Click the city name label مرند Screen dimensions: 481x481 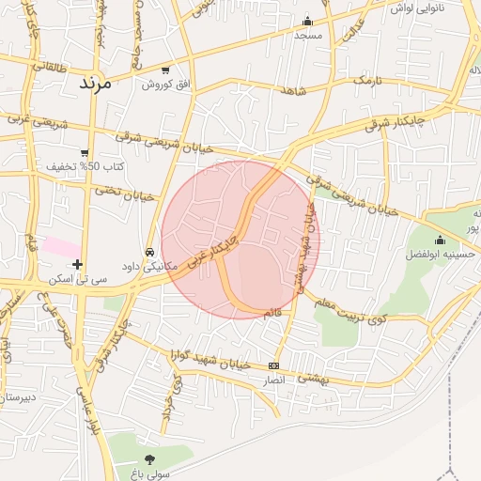pos(94,82)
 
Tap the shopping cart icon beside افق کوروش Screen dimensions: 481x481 pos(166,70)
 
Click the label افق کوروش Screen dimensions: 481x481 pos(166,85)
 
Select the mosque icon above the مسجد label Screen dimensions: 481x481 pos(307,22)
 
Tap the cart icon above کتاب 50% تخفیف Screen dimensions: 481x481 pos(85,153)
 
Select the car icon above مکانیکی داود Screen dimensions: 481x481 pos(150,253)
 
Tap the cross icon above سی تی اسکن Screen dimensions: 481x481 pos(78,265)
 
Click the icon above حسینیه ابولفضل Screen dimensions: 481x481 pos(440,240)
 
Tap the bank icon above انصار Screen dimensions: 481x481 pos(273,365)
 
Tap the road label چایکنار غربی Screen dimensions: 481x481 pos(211,254)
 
